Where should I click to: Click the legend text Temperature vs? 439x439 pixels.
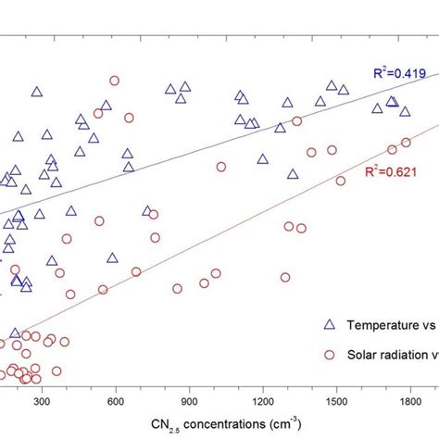[390, 326]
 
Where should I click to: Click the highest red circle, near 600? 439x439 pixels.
[115, 81]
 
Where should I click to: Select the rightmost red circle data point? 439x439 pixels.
[406, 142]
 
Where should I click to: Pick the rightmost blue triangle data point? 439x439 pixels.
[405, 111]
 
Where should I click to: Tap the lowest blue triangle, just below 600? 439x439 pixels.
[112, 258]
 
